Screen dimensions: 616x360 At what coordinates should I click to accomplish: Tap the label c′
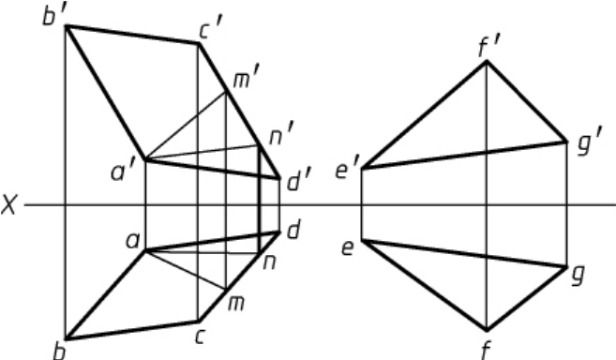pos(211,29)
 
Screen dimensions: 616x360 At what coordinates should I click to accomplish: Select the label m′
pos(246,80)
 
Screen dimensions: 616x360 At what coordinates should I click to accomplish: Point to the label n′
pos(281,136)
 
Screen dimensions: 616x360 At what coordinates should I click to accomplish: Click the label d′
pos(299,182)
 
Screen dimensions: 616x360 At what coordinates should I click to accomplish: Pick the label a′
pos(124,172)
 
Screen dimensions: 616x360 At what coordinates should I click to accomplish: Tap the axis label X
pos(8,205)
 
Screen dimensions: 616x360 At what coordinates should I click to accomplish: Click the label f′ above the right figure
pos(488,48)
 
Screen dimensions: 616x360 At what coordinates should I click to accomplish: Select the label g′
pos(590,146)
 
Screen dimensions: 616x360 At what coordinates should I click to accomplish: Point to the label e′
pos(348,170)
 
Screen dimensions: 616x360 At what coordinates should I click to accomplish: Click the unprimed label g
pos(578,275)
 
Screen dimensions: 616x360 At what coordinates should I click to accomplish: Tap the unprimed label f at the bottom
pos(487,350)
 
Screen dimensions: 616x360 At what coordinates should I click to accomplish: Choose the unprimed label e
pos(347,248)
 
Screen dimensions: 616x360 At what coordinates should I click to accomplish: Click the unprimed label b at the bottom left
pos(58,351)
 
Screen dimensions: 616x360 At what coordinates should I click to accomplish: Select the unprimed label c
pos(200,337)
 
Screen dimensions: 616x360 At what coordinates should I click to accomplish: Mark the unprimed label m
pos(236,304)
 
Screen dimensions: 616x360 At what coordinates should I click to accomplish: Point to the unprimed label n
pos(269,262)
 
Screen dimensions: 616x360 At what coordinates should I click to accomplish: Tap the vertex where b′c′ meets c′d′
pos(199,44)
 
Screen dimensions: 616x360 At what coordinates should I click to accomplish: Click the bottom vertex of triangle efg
pos(487,329)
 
